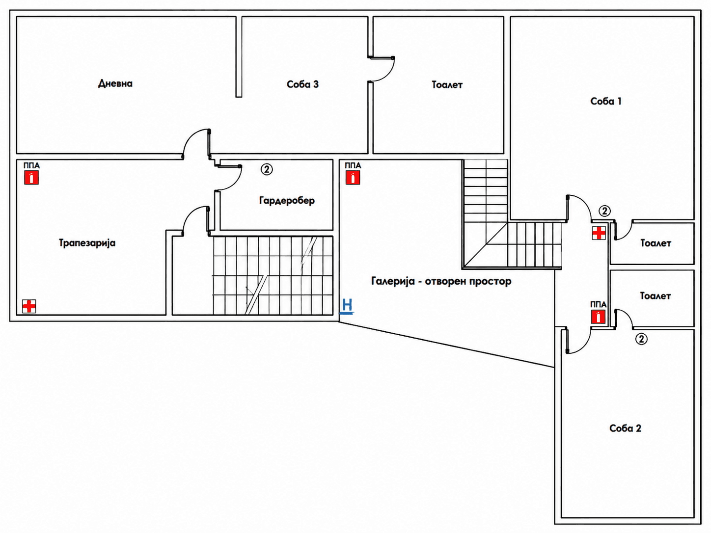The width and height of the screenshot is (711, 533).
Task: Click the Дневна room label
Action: coord(115,83)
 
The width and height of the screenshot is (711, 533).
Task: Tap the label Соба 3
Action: coord(302,84)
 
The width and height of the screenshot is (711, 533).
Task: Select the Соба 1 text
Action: coord(606,101)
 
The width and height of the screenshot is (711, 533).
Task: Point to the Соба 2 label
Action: coord(625,428)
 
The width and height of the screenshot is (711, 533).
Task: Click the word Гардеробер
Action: coord(287,201)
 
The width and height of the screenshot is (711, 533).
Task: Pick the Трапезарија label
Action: coord(87,243)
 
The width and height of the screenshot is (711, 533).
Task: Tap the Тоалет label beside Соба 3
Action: coord(447,85)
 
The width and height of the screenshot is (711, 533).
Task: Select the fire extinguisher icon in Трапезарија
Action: coord(31,178)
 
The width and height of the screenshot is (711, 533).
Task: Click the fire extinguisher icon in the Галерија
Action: coord(353,178)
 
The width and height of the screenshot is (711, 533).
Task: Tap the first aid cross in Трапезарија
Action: coord(29,306)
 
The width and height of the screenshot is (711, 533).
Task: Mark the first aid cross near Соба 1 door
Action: coord(599,233)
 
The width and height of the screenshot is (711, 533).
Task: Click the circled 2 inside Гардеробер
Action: coord(267,169)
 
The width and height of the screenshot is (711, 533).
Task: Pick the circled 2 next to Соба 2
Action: coord(641,339)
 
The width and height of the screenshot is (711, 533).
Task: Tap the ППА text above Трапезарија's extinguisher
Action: coord(31,166)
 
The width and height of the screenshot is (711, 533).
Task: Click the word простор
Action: coord(490,281)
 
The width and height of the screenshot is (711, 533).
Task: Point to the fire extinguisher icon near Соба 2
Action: coord(598,317)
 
